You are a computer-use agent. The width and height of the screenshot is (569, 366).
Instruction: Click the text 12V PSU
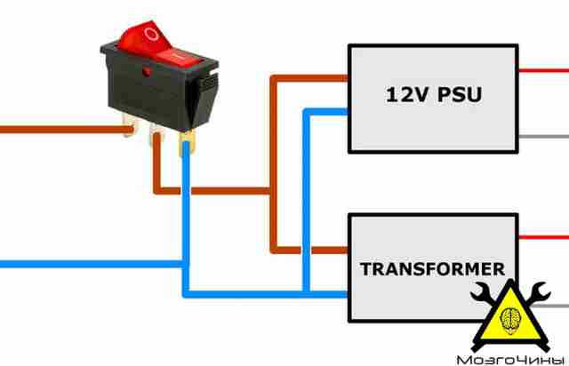(434, 94)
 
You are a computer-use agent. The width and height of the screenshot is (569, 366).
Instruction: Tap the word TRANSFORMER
(433, 269)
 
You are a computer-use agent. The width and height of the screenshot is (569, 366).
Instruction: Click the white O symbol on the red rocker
(151, 34)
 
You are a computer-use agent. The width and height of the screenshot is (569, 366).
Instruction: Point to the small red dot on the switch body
(147, 72)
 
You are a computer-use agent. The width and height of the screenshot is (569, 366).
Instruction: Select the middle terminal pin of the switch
(156, 134)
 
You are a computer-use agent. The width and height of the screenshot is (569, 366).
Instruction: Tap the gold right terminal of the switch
(187, 143)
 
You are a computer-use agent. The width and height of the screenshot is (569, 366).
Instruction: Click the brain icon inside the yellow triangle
(511, 319)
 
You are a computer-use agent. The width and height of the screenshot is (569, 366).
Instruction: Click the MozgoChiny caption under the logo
(510, 360)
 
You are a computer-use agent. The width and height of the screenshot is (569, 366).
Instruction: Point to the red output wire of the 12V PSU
(543, 70)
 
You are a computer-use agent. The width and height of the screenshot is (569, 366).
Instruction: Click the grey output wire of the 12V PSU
(543, 137)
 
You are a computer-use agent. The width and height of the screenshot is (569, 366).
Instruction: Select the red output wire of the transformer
(543, 237)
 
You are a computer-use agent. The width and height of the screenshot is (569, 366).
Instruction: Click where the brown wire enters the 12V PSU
(348, 78)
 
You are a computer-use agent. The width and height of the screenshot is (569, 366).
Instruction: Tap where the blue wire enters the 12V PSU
(348, 112)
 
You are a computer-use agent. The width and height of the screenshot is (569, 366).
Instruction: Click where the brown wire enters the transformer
(348, 251)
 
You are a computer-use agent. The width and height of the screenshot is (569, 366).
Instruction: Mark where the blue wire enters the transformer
(348, 294)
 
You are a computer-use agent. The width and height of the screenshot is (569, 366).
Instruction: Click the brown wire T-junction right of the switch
(274, 191)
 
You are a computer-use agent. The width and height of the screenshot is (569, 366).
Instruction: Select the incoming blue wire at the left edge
(92, 264)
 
